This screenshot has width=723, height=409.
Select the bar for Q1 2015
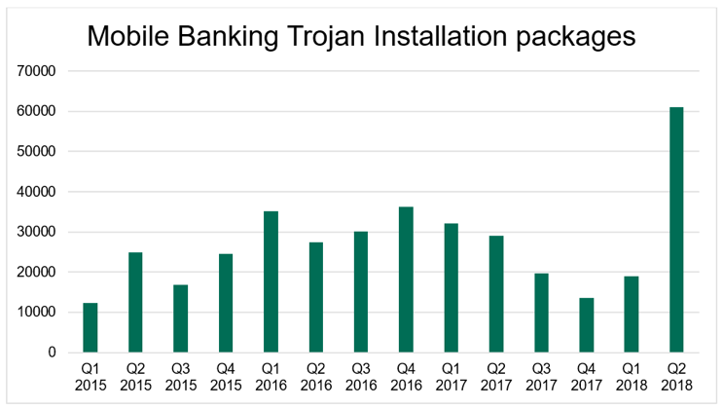(90, 328)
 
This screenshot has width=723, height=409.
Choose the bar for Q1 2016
(271, 281)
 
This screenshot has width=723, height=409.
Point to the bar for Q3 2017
(541, 313)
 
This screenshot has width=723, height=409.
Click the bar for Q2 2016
(315, 297)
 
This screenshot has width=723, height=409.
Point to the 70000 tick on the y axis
(40, 71)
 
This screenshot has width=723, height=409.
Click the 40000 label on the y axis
(40, 192)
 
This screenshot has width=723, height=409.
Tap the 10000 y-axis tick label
(40, 313)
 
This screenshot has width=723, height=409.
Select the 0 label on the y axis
(55, 353)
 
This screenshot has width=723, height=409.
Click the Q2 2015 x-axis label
(135, 378)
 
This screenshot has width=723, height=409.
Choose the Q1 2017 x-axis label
(451, 378)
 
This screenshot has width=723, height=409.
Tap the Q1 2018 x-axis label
(631, 378)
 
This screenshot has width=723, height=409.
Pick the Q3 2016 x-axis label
(360, 378)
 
